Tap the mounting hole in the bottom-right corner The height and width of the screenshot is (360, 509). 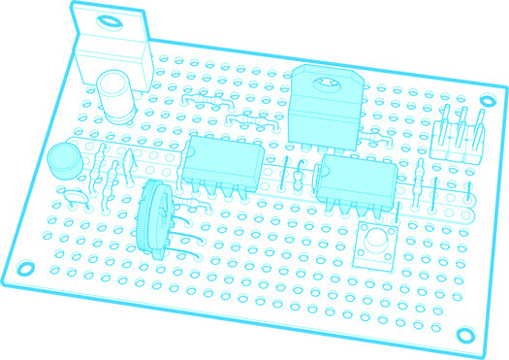466,334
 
